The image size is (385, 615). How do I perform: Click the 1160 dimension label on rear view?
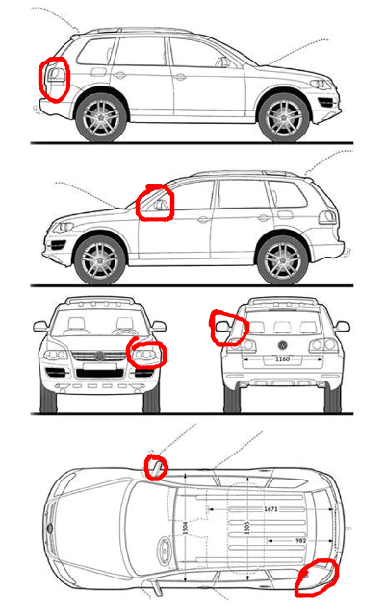pos(282,358)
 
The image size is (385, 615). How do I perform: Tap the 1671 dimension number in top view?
pos(270,509)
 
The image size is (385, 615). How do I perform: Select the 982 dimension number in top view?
pos(300,540)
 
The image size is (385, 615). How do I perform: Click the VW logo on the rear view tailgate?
pos(282,345)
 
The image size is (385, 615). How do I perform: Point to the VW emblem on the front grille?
pos(99,357)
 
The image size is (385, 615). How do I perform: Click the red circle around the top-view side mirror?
pos(156,467)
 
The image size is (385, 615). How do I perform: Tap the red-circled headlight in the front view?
pos(146,354)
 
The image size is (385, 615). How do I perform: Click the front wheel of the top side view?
pos(284,117)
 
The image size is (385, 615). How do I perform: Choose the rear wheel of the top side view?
pos(101,117)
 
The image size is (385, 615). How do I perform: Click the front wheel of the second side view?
pos(99,260)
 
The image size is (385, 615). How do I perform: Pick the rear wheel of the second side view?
pos(282,260)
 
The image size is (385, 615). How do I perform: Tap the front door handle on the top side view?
pos(180,77)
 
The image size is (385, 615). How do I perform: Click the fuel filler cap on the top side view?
pos(98,72)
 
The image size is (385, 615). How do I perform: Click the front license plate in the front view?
pos(100,366)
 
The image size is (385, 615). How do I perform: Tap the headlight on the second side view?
pos(64,227)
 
